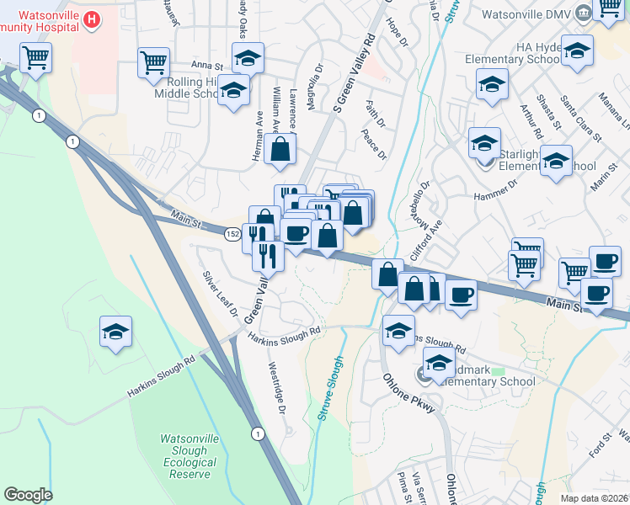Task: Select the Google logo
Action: tap(29, 495)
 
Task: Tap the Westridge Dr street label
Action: tap(278, 388)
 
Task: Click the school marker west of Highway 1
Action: tap(116, 331)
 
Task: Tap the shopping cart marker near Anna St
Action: tap(154, 62)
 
